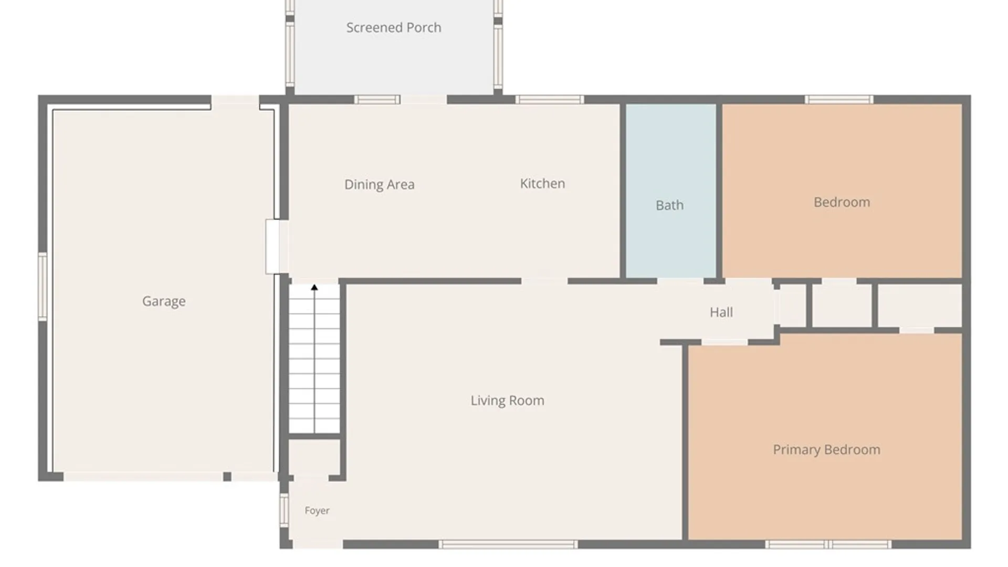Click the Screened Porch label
[394, 27]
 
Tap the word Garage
[164, 301]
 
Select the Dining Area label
[380, 184]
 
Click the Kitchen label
[542, 183]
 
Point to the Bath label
[670, 205]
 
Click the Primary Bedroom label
[827, 449]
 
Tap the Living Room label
[507, 401]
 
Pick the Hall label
[721, 312]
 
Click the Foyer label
[317, 510]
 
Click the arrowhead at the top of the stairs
[314, 287]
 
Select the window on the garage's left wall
[43, 286]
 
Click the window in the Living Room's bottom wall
[508, 544]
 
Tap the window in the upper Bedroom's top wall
[839, 99]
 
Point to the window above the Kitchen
[549, 99]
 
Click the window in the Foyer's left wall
[284, 510]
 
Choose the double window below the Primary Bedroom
[828, 544]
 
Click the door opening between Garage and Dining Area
[277, 247]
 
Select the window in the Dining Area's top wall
[377, 99]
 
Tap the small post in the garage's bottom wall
[227, 477]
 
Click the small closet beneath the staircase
[314, 457]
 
